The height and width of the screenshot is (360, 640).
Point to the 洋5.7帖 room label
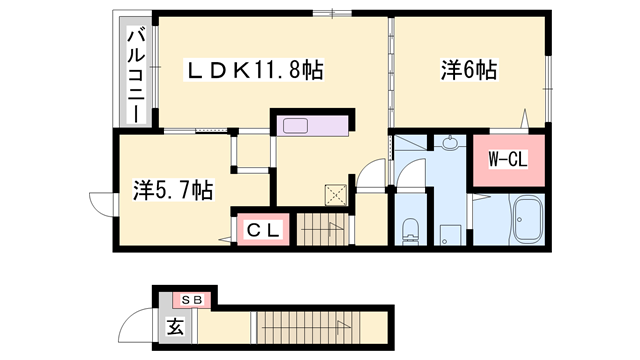click(x=173, y=188)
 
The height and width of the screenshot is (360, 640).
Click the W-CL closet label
click(x=507, y=159)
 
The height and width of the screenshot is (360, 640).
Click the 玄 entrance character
click(x=175, y=325)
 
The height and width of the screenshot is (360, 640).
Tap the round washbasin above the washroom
click(x=448, y=145)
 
